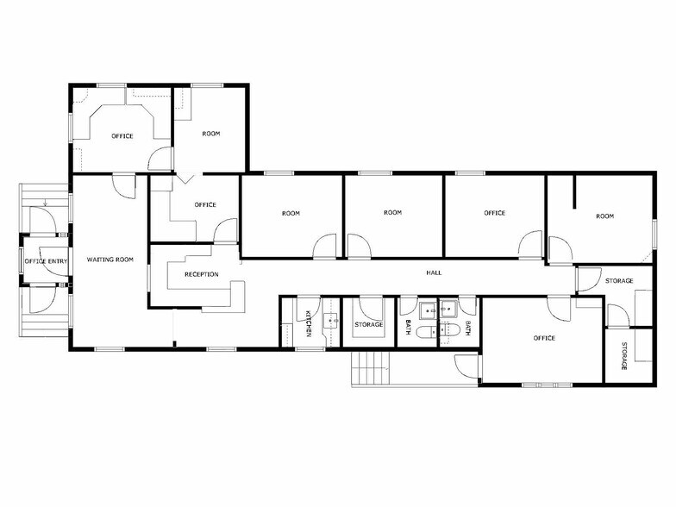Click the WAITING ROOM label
pyautogui.click(x=110, y=259)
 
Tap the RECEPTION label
pyautogui.click(x=202, y=274)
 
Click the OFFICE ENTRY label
pyautogui.click(x=46, y=261)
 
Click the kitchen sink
pyautogui.click(x=330, y=322)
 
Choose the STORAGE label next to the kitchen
pyautogui.click(x=369, y=324)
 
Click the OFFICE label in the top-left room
pyautogui.click(x=122, y=136)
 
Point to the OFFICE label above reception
pyautogui.click(x=204, y=204)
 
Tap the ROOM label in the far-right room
pyautogui.click(x=604, y=216)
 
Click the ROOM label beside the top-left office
pyautogui.click(x=211, y=134)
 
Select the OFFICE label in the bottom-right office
pyautogui.click(x=543, y=338)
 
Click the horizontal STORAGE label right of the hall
pyautogui.click(x=619, y=281)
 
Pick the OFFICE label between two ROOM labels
pyautogui.click(x=494, y=213)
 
